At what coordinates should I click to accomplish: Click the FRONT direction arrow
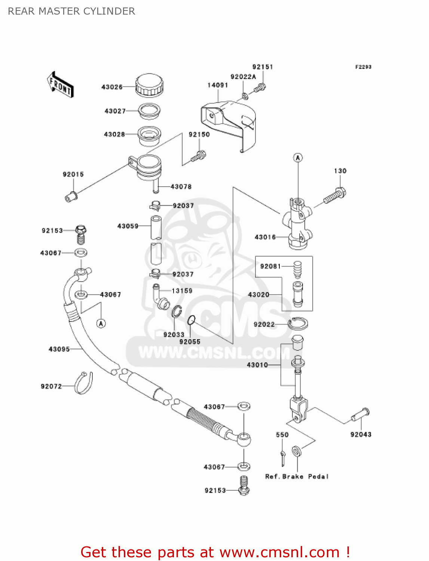coord(60,85)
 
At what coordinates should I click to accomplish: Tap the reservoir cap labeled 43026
coord(149,85)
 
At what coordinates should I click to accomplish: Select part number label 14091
coord(218,85)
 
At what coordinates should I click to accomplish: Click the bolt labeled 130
coord(335,196)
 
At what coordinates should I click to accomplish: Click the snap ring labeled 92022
coord(298,324)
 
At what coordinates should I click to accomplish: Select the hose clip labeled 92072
coord(83,383)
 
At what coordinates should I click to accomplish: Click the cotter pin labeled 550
coord(283,457)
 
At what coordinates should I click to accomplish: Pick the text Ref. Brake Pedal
coord(297,476)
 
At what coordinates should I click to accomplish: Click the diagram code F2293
coord(363,67)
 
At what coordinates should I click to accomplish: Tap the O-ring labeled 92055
coord(191,320)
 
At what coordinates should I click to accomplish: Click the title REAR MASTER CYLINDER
coord(71,11)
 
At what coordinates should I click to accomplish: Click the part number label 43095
coord(59,349)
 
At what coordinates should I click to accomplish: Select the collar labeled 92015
coord(71,196)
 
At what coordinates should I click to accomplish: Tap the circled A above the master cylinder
coord(298,158)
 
